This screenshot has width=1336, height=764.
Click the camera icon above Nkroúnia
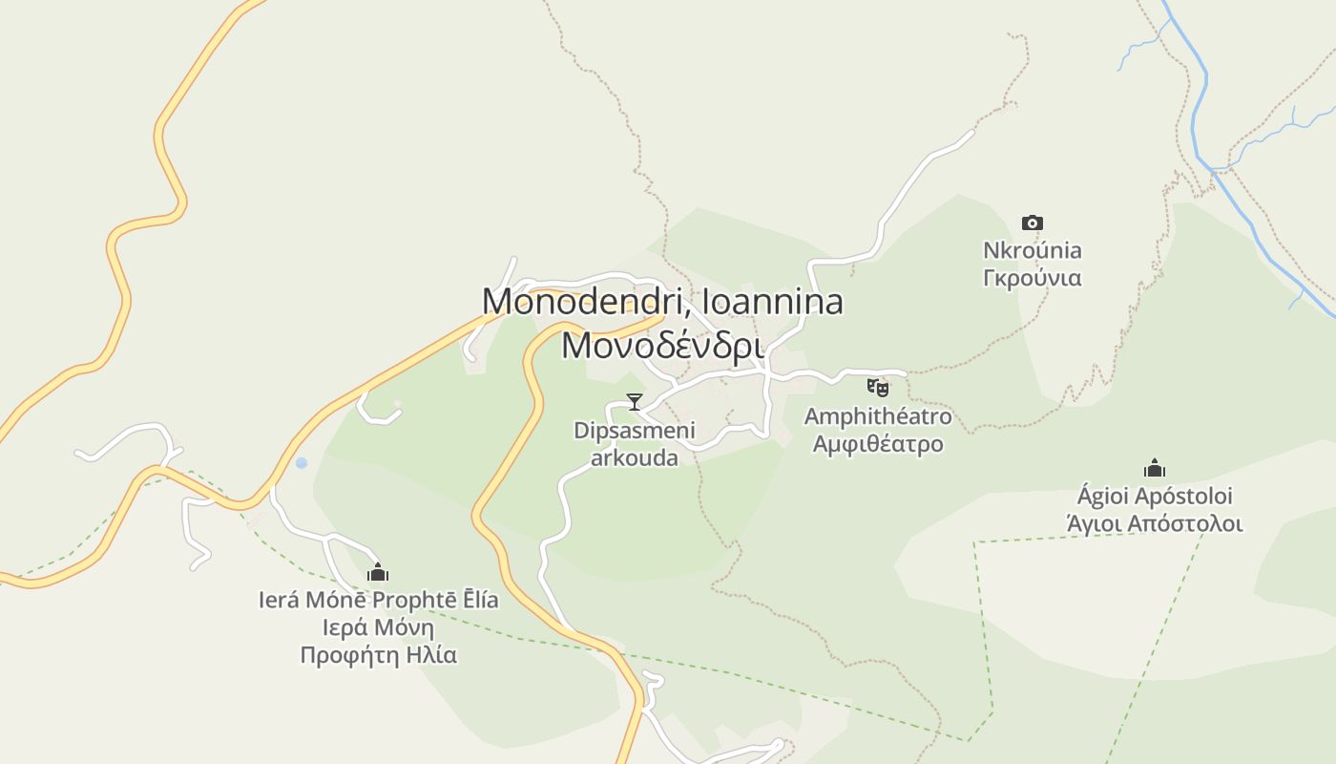1032,223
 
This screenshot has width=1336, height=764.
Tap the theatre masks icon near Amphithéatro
878,387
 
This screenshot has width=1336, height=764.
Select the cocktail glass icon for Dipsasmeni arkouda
635,402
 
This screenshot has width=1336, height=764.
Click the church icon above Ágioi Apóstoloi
1155,469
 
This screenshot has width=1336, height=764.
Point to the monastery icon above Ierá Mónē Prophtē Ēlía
378,573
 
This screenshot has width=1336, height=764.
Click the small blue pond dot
302,463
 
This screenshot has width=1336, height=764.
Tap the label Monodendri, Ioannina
662,302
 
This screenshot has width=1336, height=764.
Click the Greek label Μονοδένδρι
662,345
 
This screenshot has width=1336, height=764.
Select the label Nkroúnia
1032,250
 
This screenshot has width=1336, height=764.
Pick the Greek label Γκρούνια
1032,278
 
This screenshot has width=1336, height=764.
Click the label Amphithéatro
878,416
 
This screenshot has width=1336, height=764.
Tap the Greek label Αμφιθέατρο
878,444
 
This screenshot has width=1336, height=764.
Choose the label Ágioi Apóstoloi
1155,497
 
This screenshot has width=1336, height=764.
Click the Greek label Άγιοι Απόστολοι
1155,523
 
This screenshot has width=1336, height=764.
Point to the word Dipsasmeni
635,431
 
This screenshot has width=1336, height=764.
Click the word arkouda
635,457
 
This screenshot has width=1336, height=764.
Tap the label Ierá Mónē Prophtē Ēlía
378,600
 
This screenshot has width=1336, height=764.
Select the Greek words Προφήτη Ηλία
378,655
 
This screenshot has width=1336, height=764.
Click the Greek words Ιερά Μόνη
378,627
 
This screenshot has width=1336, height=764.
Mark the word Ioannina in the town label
772,302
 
